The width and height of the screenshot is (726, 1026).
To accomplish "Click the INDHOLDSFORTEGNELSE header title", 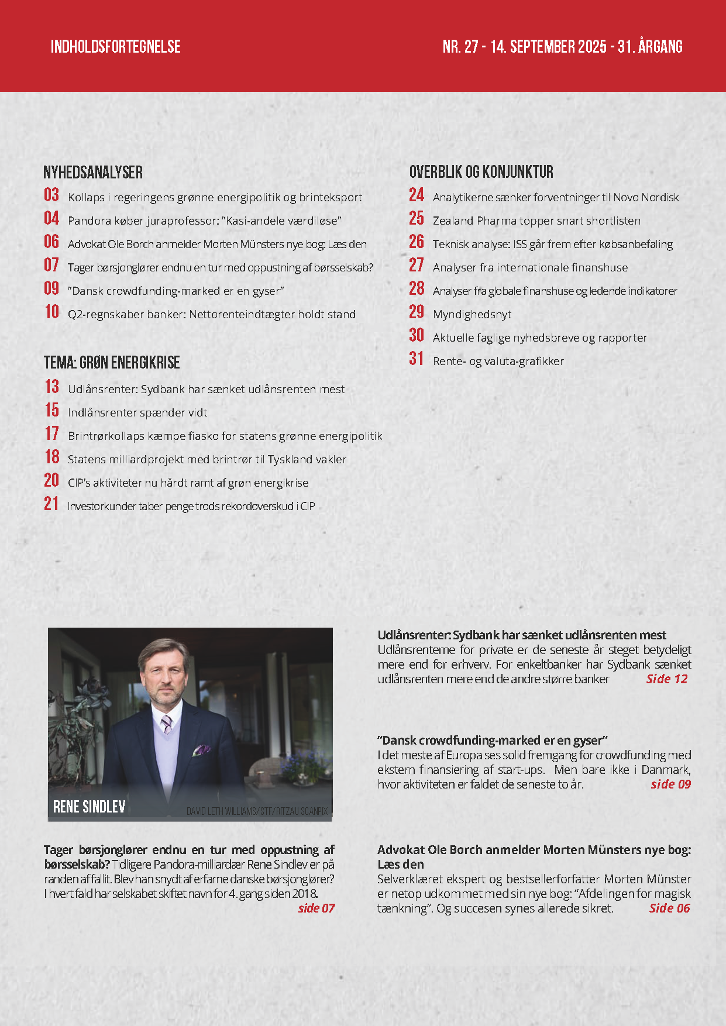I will (115, 47).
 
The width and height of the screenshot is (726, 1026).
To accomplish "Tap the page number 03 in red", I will (51, 195).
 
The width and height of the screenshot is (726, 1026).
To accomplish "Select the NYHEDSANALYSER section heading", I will (93, 173).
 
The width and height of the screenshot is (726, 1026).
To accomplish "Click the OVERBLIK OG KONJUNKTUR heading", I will (481, 172).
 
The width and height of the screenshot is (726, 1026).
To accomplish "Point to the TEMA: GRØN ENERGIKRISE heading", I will (112, 363).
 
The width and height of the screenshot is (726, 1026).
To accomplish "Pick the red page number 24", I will (417, 195).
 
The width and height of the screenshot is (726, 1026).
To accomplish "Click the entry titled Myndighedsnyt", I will (472, 315).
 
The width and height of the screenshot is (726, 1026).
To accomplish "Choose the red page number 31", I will (417, 359).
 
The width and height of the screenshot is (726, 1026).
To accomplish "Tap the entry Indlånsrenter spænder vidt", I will (137, 413).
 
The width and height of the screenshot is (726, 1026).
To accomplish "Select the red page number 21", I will (51, 504).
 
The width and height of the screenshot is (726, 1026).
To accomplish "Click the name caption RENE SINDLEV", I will (90, 807).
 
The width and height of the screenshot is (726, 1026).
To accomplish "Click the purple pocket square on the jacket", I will (202, 750).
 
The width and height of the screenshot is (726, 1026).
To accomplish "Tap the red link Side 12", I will (666, 679).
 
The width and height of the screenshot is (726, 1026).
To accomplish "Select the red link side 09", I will (670, 784).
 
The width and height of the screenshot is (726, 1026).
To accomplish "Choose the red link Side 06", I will (669, 908).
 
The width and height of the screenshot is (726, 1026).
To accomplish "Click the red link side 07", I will (316, 908).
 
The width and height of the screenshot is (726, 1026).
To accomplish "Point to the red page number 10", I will (52, 312).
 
